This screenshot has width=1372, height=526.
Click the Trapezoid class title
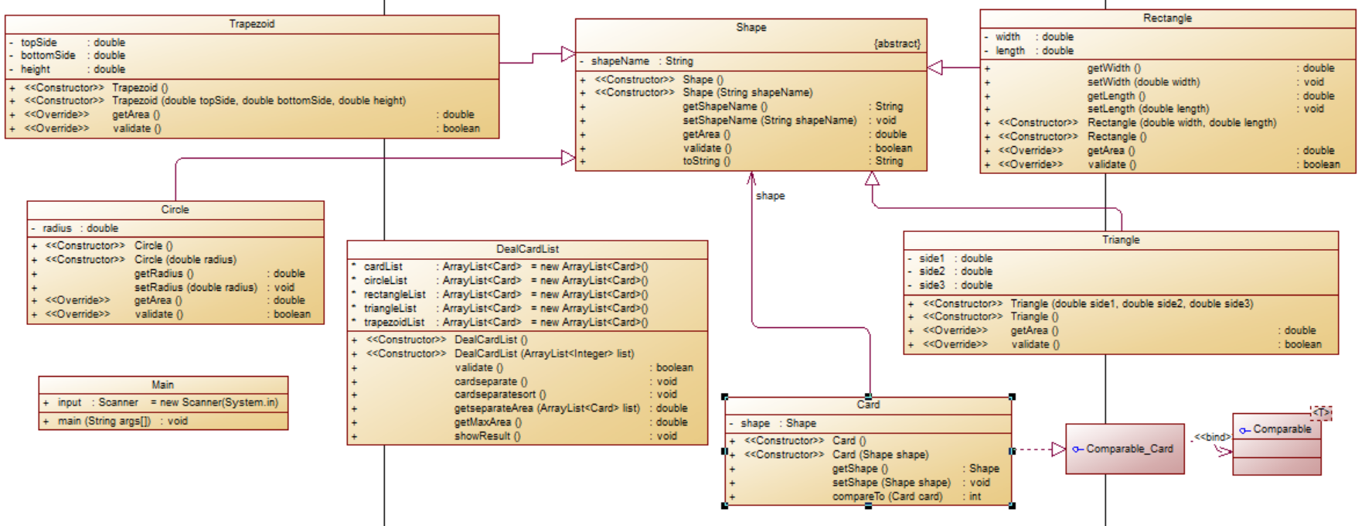(x=252, y=24)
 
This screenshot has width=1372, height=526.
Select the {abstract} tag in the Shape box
(x=897, y=44)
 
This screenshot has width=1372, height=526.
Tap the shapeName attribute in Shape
(x=620, y=61)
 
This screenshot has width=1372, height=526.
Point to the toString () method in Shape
(x=706, y=161)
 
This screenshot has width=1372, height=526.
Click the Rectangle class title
(x=1167, y=18)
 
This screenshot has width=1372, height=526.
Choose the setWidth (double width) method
(x=1143, y=82)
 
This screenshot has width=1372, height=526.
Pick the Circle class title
(x=175, y=210)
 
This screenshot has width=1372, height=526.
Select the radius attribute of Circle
(x=57, y=228)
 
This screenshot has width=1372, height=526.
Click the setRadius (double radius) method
(x=196, y=287)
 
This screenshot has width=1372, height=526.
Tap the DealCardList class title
(x=527, y=249)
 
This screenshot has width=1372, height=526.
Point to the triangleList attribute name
(x=390, y=308)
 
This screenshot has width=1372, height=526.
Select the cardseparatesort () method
(x=500, y=394)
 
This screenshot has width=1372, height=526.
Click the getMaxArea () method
(x=488, y=422)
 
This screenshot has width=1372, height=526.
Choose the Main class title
(x=162, y=384)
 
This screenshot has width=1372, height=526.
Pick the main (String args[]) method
(x=104, y=421)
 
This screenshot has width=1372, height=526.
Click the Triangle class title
(x=1121, y=240)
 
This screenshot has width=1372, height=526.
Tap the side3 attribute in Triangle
(x=931, y=285)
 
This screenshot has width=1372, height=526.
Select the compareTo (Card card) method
(x=887, y=497)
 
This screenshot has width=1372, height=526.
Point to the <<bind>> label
(x=1211, y=437)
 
